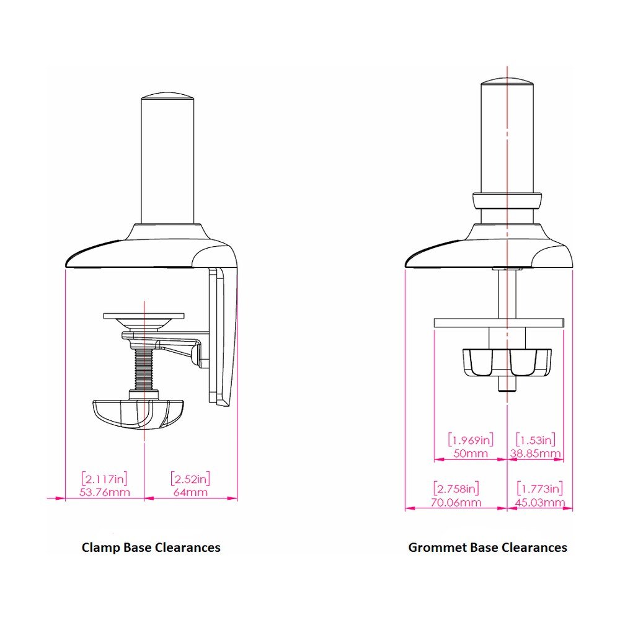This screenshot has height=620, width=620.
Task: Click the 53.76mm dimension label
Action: pos(105,492)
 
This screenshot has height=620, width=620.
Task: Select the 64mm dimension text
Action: pos(190,492)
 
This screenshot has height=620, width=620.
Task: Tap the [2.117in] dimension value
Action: pos(105,479)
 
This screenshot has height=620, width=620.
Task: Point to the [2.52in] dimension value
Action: pos(190,479)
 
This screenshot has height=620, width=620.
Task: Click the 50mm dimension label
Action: pos(471,453)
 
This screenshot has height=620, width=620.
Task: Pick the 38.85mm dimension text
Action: pos(535,453)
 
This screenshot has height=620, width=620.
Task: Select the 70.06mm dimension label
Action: pos(456,503)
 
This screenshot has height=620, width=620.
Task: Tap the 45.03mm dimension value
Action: pos(540,503)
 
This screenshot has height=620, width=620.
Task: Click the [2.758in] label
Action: pos(456,489)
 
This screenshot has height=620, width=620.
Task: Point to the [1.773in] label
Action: pos(540,489)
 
